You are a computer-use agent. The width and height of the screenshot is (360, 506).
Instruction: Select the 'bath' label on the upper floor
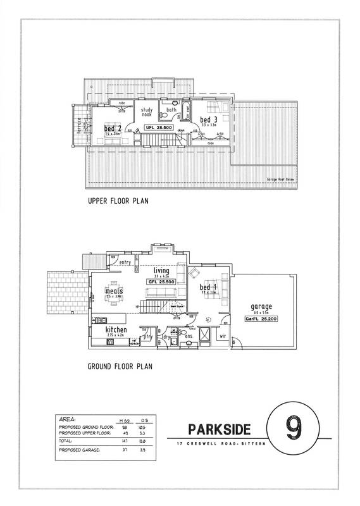171,110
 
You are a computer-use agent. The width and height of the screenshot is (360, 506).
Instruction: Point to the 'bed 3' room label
209,120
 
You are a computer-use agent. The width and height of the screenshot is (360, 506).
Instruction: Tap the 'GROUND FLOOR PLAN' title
121,366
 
